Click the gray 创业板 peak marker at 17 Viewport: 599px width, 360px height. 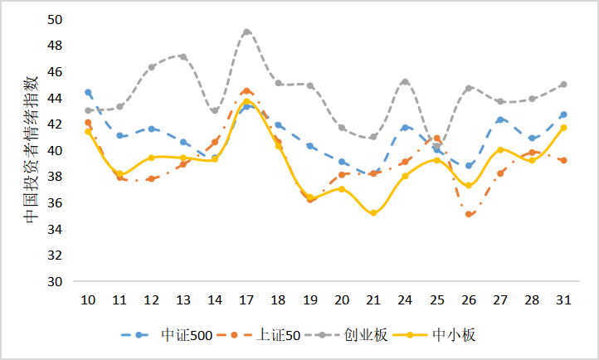point(246,32)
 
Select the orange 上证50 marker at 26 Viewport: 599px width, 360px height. point(469,214)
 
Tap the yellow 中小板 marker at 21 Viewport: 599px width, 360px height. point(373,213)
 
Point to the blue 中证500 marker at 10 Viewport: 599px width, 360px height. point(88,92)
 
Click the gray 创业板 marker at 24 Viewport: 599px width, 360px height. point(405,81)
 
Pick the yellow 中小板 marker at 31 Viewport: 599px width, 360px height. point(563,128)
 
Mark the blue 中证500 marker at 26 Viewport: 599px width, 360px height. point(469,166)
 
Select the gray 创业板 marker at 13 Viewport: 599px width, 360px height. point(183,56)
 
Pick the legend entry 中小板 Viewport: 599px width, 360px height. point(453,335)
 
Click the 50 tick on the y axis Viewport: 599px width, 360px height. point(65,19)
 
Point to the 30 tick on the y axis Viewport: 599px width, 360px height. point(65,282)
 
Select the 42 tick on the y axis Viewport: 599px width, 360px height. point(65,124)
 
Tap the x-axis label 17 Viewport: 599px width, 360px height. point(246,299)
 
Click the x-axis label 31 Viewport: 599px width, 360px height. point(563,299)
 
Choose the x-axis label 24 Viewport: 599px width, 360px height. point(405,299)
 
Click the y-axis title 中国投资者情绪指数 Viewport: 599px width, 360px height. point(31,149)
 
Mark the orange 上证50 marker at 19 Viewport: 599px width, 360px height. point(310,200)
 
